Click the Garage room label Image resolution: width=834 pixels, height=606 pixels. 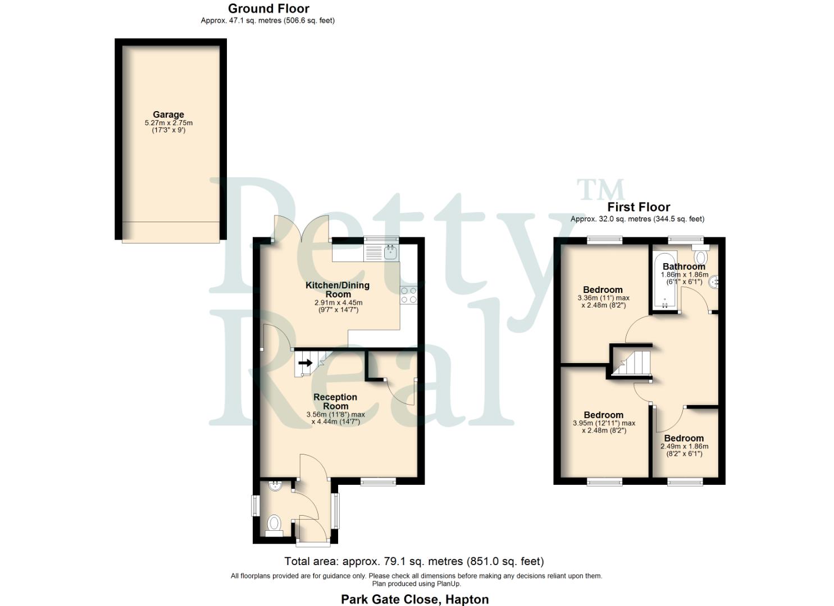point(168,114)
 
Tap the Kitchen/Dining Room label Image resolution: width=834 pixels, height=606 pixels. point(338,290)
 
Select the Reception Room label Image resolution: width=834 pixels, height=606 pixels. point(335,401)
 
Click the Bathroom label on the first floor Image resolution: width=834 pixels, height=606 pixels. point(683,267)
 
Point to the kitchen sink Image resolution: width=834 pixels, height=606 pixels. point(391,253)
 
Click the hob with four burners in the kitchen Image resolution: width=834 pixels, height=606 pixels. point(408,295)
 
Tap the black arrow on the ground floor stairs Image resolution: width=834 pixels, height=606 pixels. point(306,363)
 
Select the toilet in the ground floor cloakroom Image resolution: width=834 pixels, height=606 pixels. point(274,525)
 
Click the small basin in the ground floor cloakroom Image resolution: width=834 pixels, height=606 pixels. point(275,486)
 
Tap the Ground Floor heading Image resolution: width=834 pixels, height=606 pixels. point(268,8)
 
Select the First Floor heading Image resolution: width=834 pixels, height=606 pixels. point(639,207)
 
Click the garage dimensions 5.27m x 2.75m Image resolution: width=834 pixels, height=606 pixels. point(168,123)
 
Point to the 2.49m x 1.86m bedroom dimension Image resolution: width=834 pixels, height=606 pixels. point(684,447)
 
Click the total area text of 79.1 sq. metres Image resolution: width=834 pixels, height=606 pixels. point(414,561)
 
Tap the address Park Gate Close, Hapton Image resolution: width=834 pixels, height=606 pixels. point(414,599)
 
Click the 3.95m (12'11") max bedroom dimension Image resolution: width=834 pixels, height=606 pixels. point(604,423)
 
